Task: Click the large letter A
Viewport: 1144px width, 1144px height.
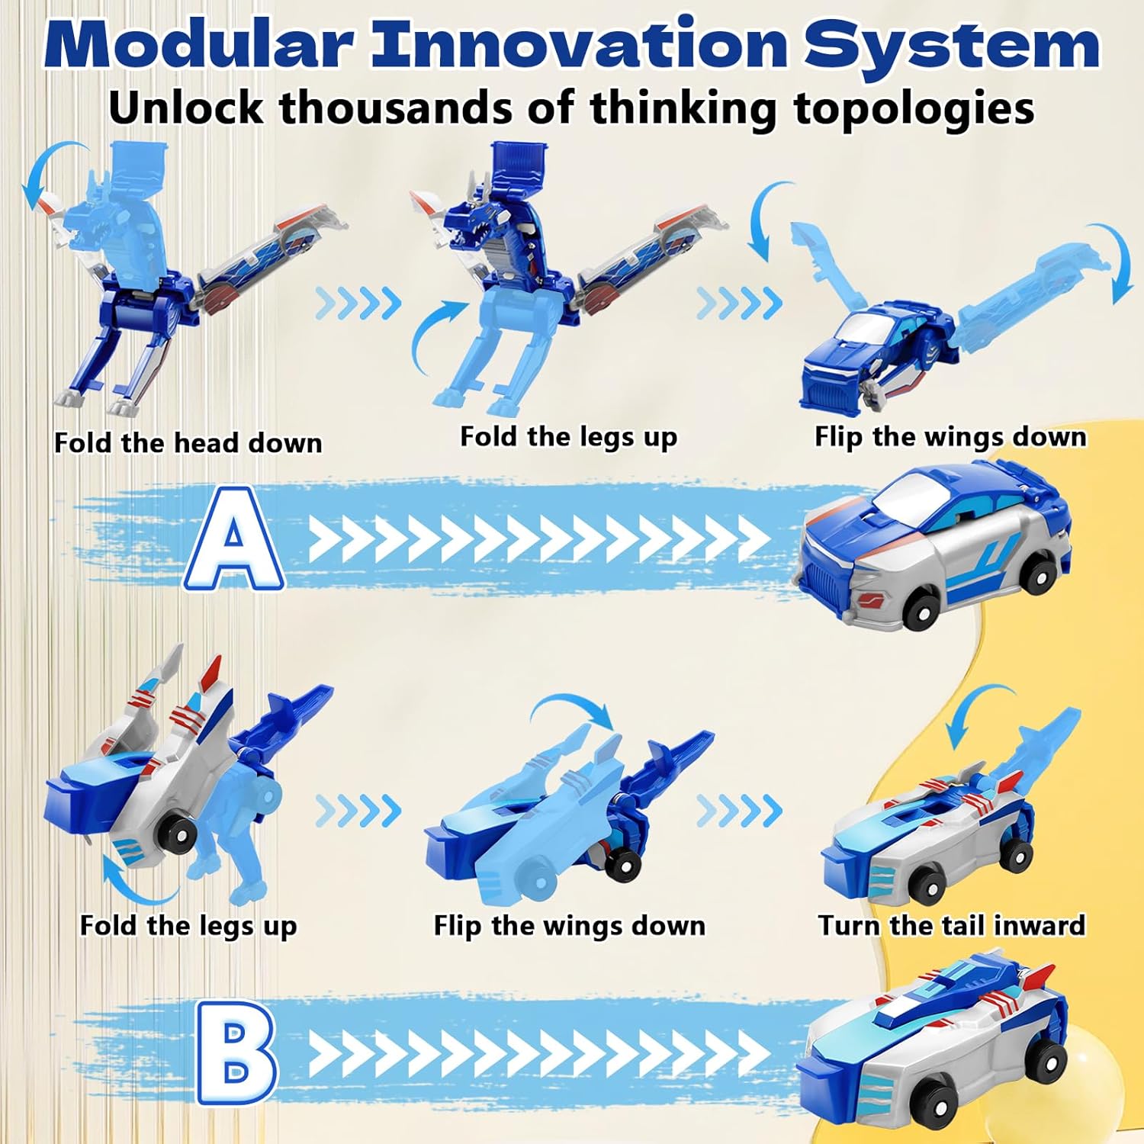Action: [x=234, y=538]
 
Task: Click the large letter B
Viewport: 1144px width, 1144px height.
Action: [x=236, y=1052]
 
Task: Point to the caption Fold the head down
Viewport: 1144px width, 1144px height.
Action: [x=188, y=443]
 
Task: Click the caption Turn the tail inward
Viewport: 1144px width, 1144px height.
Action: [x=951, y=925]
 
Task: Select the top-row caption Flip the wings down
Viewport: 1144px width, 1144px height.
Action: [x=950, y=437]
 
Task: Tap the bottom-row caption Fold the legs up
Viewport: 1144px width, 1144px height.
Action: [x=188, y=926]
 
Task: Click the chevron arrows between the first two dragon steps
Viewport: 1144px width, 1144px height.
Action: [x=358, y=304]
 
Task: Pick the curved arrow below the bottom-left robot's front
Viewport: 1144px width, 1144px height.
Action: [x=137, y=885]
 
